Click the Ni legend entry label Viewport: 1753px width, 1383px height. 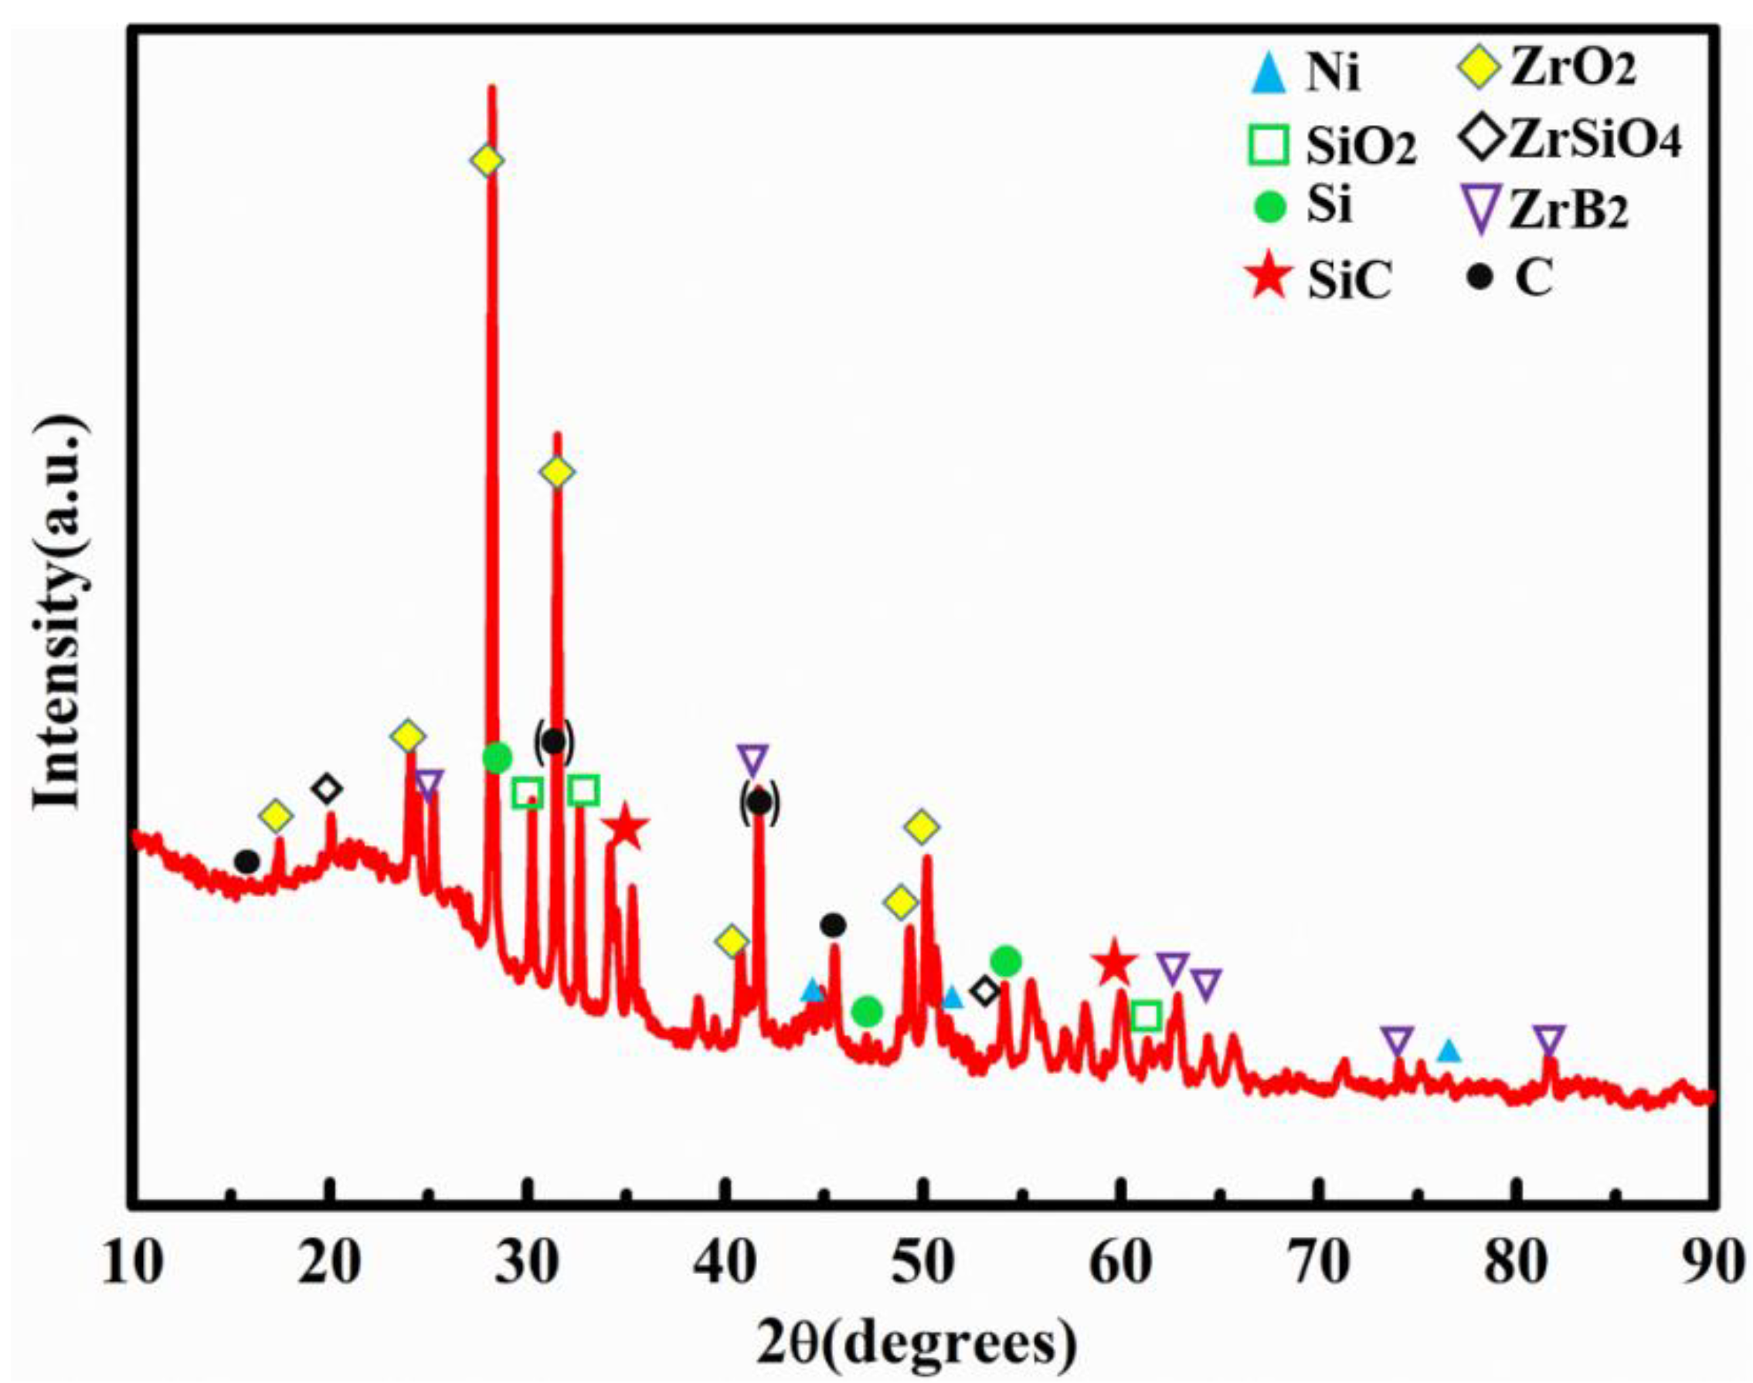1332,74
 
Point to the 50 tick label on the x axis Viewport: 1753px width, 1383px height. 921,1263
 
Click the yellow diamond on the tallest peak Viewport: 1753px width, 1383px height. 487,161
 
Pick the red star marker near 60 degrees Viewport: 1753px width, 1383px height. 1114,963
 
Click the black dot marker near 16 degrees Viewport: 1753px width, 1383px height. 246,861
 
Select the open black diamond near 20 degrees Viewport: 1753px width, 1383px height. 326,787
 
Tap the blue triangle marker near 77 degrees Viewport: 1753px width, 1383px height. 1449,1051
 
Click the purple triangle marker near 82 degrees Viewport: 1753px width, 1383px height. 1548,1039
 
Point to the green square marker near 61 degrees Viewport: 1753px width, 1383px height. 1146,1015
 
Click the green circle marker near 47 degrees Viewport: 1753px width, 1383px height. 867,1010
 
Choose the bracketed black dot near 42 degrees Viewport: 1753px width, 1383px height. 759,803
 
